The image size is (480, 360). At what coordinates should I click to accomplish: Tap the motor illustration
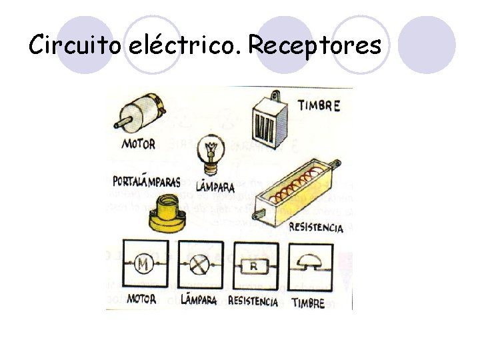[x=141, y=113]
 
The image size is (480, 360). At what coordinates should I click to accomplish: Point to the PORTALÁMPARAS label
[x=147, y=181]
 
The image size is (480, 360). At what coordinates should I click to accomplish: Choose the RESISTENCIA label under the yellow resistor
[x=316, y=227]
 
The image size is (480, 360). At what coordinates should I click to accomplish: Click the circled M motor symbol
[x=143, y=265]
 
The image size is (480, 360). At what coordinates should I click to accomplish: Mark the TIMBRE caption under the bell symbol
[x=308, y=303]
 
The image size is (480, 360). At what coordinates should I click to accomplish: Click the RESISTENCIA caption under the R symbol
[x=253, y=301]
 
